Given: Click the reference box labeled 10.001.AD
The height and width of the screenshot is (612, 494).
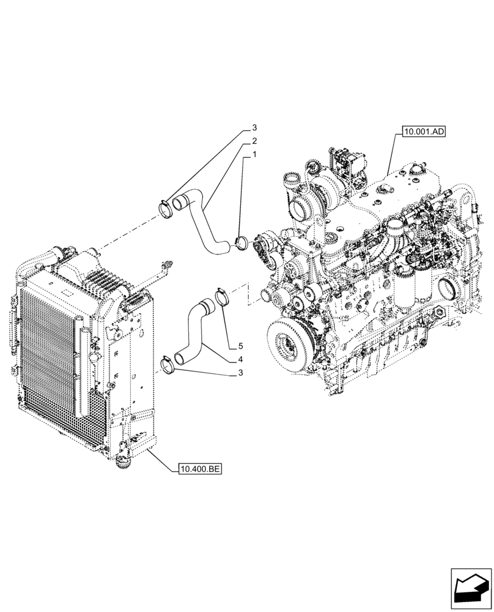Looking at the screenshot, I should (423, 131).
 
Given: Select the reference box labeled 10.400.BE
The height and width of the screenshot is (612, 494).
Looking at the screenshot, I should (200, 469).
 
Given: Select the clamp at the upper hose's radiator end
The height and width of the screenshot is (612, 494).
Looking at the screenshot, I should (166, 207).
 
